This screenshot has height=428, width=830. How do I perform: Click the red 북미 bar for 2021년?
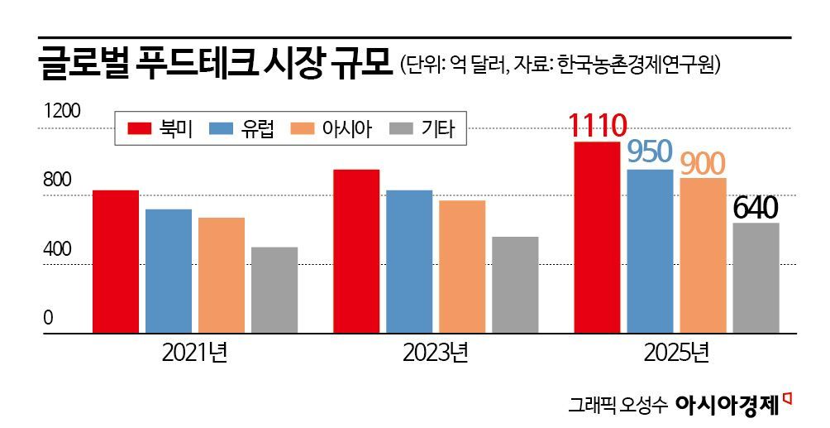tap(116, 261)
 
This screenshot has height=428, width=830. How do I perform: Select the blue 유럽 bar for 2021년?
tap(169, 271)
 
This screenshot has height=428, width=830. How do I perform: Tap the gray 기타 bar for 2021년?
tap(274, 290)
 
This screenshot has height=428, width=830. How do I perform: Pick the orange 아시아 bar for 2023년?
tap(462, 266)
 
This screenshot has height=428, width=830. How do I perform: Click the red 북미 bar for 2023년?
tap(356, 251)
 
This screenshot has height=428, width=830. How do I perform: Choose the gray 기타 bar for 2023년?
tap(515, 285)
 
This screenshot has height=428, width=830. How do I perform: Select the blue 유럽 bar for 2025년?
tap(651, 251)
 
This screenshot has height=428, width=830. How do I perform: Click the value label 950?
tap(650, 152)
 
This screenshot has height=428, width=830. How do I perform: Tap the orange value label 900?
tap(703, 163)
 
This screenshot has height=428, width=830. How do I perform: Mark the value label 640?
tap(756, 207)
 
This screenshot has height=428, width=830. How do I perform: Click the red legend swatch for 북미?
tap(140, 128)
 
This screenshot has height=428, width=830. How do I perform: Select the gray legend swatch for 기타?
tap(401, 128)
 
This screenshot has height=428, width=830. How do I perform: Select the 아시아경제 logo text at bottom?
tap(727, 404)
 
